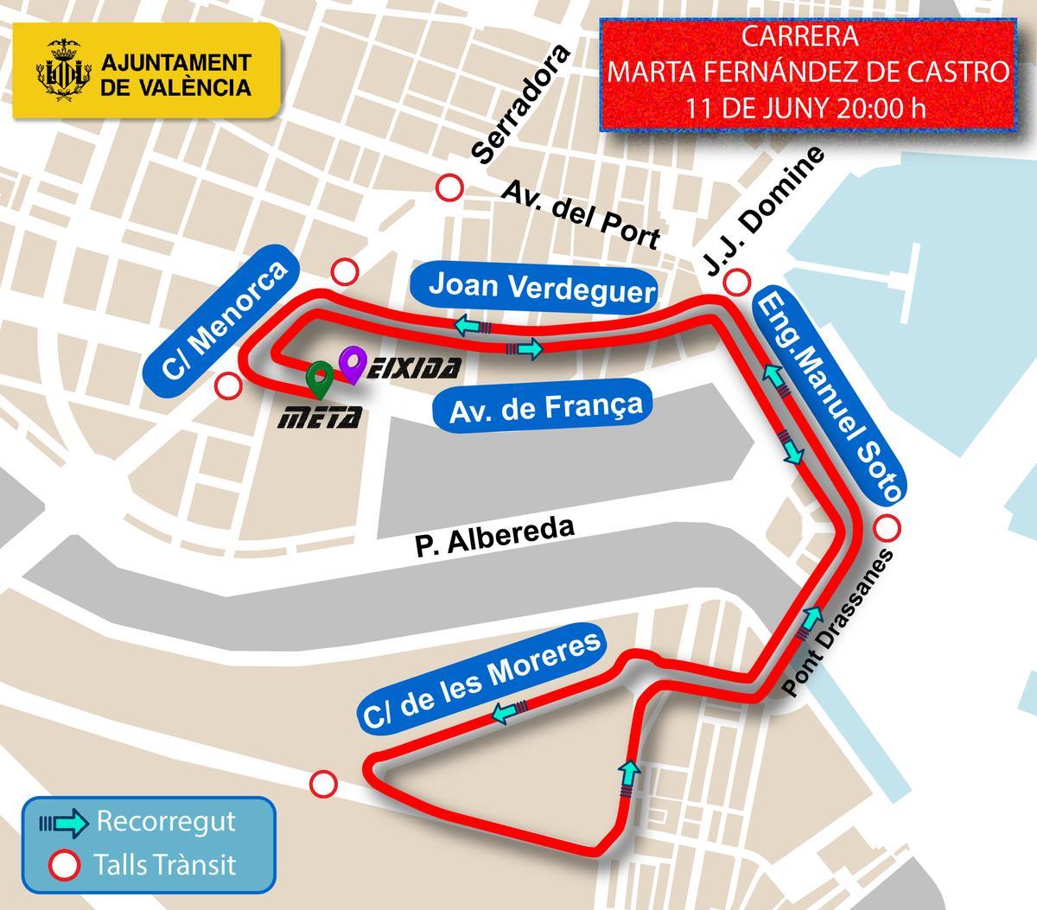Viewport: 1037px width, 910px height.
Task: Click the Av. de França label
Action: [x=547, y=406]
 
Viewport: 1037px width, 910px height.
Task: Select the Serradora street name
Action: [x=524, y=105]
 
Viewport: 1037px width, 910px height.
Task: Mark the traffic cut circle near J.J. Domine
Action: [x=737, y=281]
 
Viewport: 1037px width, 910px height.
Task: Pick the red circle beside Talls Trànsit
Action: [x=63, y=863]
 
